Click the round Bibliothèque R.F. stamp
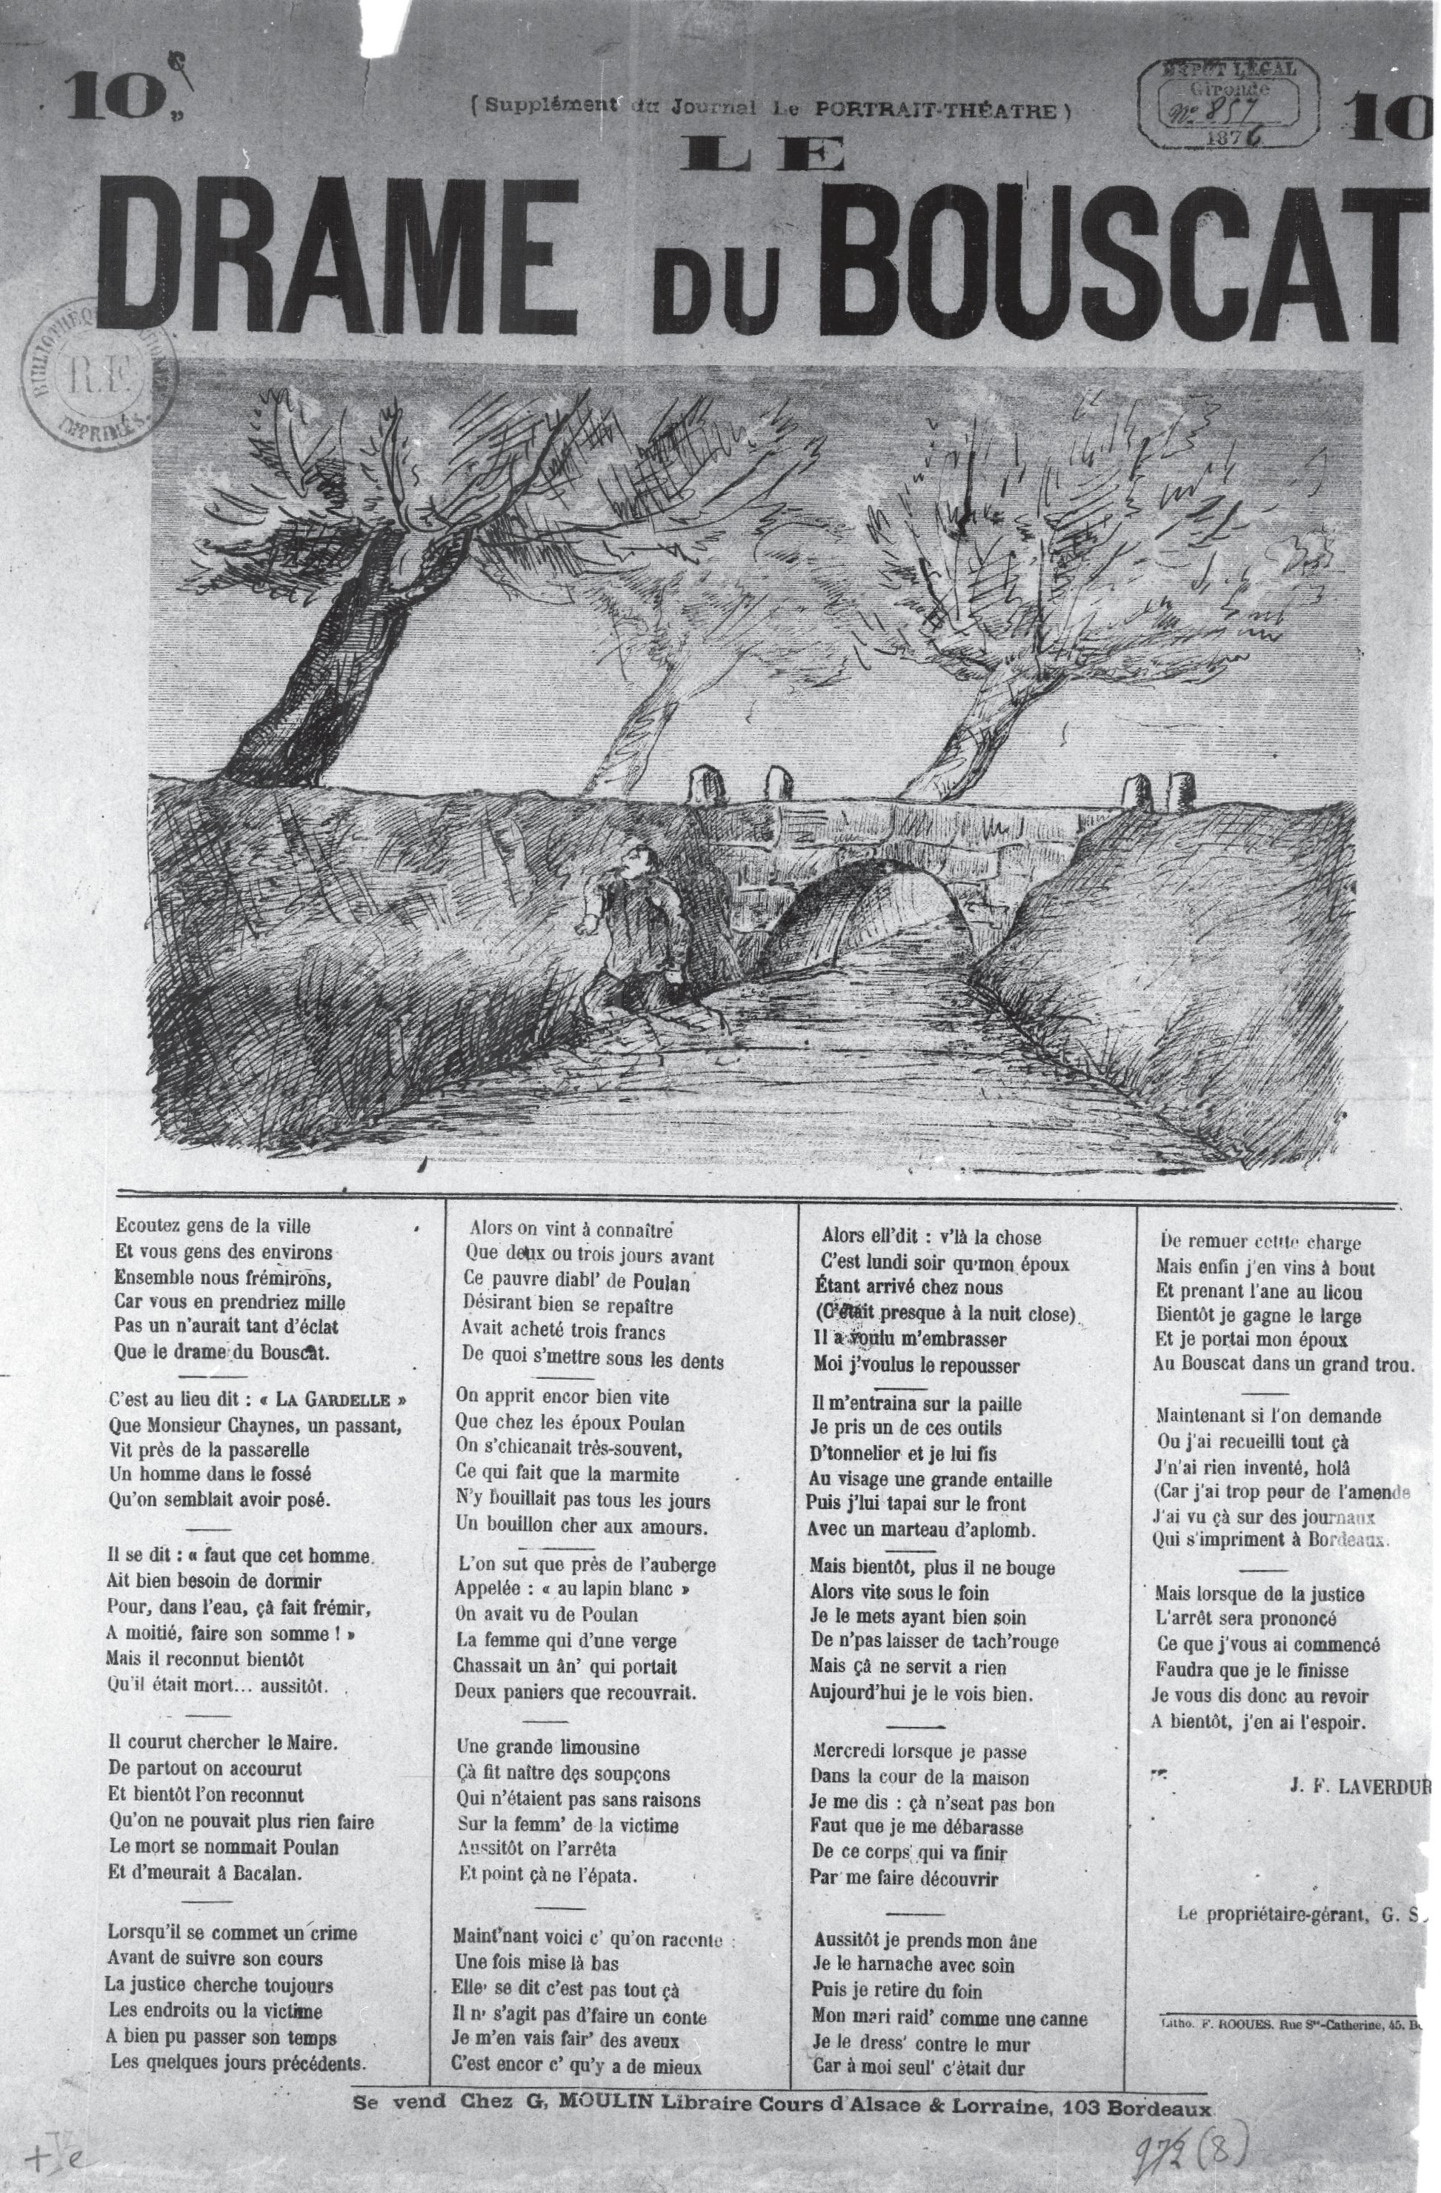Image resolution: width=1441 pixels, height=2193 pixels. point(94,373)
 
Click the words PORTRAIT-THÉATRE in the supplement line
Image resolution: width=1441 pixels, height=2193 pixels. point(939,110)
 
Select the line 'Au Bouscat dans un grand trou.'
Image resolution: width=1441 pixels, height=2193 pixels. point(1282,1365)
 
